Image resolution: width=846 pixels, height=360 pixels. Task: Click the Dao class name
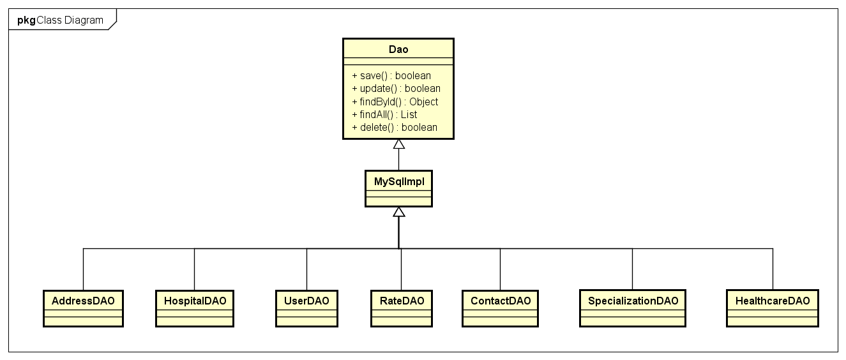click(398, 49)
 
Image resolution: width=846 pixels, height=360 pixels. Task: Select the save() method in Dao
click(391, 76)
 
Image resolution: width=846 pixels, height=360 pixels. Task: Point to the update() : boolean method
click(396, 89)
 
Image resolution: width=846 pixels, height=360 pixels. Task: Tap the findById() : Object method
click(395, 101)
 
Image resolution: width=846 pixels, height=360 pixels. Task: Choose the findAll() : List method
click(384, 114)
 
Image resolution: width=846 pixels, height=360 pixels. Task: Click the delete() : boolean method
click(395, 127)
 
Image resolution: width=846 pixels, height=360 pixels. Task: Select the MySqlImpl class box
click(398, 188)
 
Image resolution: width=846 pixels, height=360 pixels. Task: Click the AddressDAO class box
click(83, 308)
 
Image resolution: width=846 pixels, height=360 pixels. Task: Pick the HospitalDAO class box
click(195, 308)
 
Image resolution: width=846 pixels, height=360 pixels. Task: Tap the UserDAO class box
click(306, 308)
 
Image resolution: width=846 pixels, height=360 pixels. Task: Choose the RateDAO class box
click(401, 308)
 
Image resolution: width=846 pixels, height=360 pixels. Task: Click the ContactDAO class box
click(500, 308)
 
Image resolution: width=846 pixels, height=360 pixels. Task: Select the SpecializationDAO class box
click(633, 308)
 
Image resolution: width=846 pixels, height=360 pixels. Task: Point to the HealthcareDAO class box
click(773, 308)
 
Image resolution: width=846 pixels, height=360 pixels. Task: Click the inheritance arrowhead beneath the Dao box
click(399, 144)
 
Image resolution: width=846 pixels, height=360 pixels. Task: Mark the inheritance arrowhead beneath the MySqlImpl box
click(399, 212)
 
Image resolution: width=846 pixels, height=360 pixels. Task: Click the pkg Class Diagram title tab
click(61, 20)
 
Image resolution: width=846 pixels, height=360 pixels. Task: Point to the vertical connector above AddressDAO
click(83, 269)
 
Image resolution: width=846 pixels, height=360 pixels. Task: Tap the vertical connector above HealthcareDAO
click(773, 269)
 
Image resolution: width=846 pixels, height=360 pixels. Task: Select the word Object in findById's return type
click(423, 101)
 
